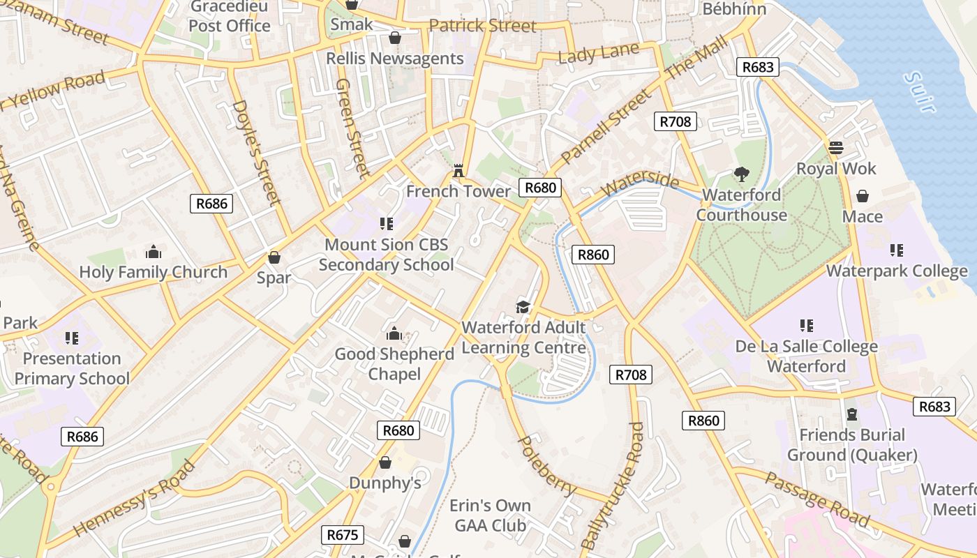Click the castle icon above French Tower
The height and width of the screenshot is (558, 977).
pyautogui.click(x=458, y=170)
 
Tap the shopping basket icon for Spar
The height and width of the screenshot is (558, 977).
pyautogui.click(x=274, y=257)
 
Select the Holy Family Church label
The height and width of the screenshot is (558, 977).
pyautogui.click(x=154, y=272)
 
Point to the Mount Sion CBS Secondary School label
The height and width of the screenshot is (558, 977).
pyautogui.click(x=386, y=255)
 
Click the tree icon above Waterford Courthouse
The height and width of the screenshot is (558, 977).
pyautogui.click(x=741, y=174)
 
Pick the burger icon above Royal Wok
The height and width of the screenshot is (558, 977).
pyautogui.click(x=836, y=148)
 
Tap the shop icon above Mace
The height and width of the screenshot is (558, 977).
pyautogui.click(x=863, y=196)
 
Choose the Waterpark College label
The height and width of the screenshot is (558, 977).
pyautogui.click(x=897, y=271)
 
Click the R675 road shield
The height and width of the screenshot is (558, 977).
pyautogui.click(x=342, y=535)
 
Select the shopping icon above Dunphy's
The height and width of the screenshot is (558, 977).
pyautogui.click(x=385, y=462)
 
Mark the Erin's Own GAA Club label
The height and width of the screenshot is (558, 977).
pyautogui.click(x=490, y=515)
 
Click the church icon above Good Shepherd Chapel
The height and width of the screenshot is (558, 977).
pyautogui.click(x=394, y=333)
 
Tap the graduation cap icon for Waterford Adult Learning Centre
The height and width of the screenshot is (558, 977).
pyautogui.click(x=523, y=307)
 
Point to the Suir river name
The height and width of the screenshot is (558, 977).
pyautogui.click(x=918, y=91)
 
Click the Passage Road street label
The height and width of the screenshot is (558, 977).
pyautogui.click(x=817, y=499)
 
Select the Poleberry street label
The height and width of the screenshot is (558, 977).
pyautogui.click(x=546, y=466)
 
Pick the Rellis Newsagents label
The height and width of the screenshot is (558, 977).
pyautogui.click(x=395, y=59)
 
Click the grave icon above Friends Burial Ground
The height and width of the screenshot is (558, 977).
pyautogui.click(x=851, y=414)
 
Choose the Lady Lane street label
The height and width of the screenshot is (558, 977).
pyautogui.click(x=599, y=54)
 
